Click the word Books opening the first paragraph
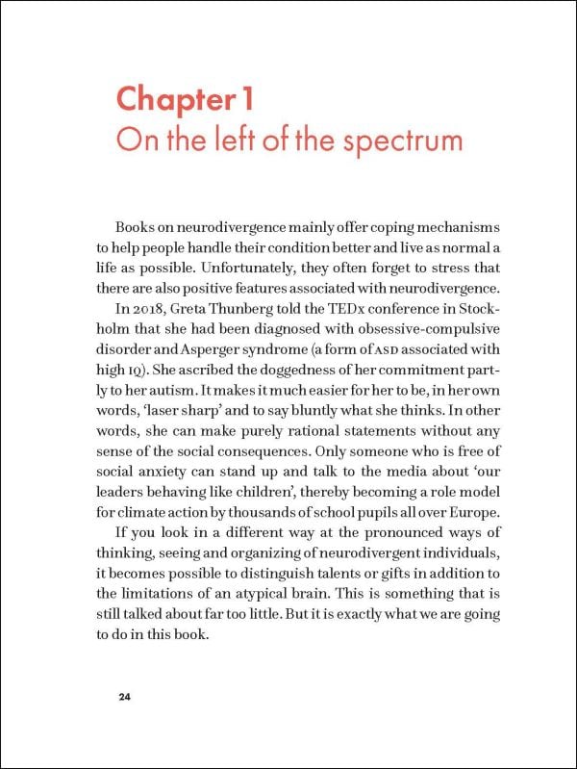click(x=138, y=227)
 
